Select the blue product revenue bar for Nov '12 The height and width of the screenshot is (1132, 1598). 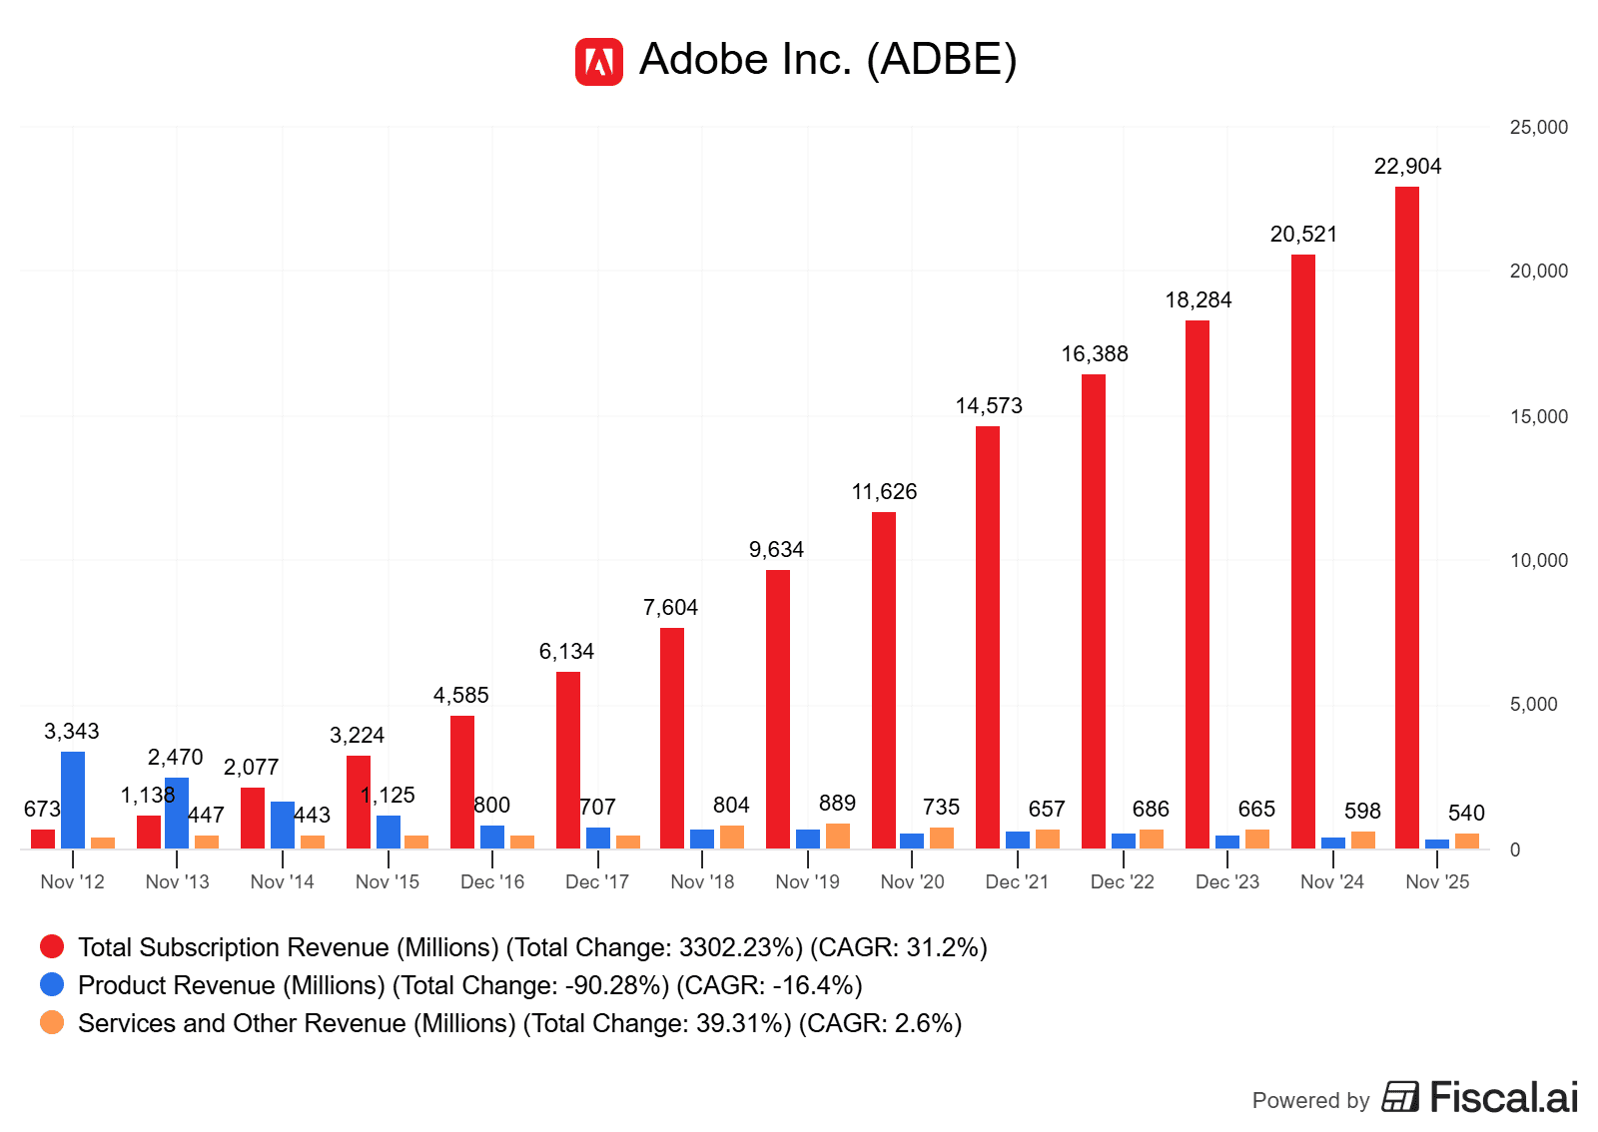pyautogui.click(x=73, y=800)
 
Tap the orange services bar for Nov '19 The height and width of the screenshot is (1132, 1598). pyautogui.click(x=838, y=837)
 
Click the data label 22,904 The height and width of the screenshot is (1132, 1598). pyautogui.click(x=1407, y=167)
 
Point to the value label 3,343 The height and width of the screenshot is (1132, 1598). pyautogui.click(x=72, y=732)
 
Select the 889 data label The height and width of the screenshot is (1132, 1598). pyautogui.click(x=837, y=804)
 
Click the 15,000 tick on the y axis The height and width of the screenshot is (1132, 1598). pyautogui.click(x=1538, y=416)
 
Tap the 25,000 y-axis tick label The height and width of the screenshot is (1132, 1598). pyautogui.click(x=1538, y=128)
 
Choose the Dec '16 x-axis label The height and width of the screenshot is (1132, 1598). pyautogui.click(x=492, y=881)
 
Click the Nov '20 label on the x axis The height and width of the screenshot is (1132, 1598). pyautogui.click(x=912, y=881)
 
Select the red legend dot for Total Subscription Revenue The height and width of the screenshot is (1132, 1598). pyautogui.click(x=52, y=946)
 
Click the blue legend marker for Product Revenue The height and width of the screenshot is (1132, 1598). pyautogui.click(x=52, y=984)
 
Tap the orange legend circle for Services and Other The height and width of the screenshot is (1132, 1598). pyautogui.click(x=52, y=1022)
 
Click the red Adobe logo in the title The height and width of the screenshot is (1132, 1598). pyautogui.click(x=598, y=62)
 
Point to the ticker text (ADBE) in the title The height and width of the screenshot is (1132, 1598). pyautogui.click(x=941, y=60)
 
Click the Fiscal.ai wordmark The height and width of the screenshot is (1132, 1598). pyautogui.click(x=1503, y=1097)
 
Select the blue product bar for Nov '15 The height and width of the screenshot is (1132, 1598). pyautogui.click(x=389, y=832)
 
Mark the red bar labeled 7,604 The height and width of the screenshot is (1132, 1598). pyautogui.click(x=672, y=738)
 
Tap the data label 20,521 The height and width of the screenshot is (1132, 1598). pyautogui.click(x=1303, y=235)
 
